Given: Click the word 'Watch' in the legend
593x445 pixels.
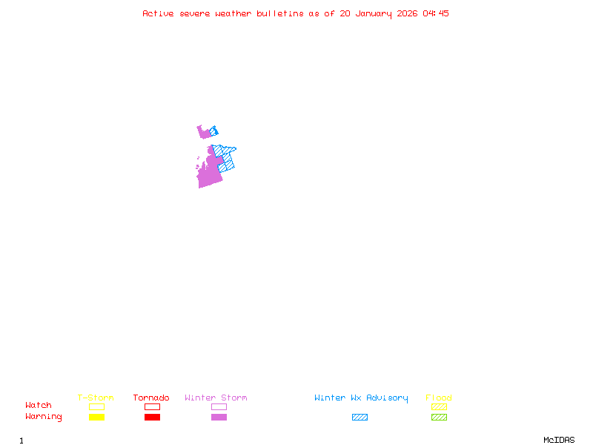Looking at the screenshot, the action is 39,406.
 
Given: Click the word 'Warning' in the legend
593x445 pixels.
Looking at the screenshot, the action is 44,417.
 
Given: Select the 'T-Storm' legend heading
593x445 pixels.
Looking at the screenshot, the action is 96,398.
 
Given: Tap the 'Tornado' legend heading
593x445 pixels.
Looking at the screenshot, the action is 151,398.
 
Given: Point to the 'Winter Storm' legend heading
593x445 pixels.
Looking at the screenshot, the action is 216,398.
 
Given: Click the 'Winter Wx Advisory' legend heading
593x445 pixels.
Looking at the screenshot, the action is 361,398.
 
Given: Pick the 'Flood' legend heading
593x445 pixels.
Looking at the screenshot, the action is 439,398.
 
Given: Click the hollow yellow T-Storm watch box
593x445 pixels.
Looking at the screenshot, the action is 96,406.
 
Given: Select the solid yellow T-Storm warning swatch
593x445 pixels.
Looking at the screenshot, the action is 96,417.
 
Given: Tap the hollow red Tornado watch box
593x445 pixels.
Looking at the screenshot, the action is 152,406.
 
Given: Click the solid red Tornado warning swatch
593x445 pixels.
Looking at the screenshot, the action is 152,417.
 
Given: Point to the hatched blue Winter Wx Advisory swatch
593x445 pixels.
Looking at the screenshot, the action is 360,417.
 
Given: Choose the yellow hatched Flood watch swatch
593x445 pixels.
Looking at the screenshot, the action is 439,406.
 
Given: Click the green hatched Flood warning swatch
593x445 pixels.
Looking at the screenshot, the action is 439,417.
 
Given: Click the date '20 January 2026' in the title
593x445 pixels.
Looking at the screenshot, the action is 379,13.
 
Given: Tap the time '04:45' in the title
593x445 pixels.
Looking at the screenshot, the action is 436,13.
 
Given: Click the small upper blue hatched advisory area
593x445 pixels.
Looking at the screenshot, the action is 215,131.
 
